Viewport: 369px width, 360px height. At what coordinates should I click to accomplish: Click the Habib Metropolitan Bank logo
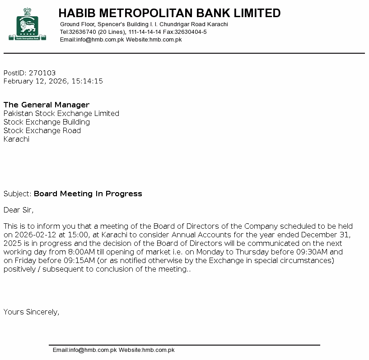tap(27, 25)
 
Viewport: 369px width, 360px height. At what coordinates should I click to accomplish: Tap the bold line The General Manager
tap(47, 105)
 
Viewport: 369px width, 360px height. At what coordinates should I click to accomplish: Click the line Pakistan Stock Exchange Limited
tap(61, 113)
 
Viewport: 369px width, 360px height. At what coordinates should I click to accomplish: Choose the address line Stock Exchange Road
tap(42, 130)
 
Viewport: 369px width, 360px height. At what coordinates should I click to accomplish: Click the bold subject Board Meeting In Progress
tap(88, 194)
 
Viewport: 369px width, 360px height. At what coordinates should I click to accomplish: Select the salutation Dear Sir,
tap(19, 210)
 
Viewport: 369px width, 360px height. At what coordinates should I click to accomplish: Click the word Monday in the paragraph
tap(210, 252)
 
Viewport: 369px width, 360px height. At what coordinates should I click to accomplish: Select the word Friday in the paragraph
tap(25, 260)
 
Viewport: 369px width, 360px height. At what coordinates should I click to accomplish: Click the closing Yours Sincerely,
tap(31, 312)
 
